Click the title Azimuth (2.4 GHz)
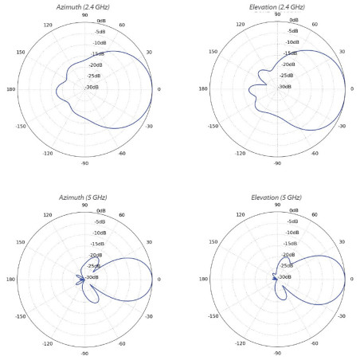pyautogui.click(x=83, y=7)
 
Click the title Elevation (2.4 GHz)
pyautogui.click(x=277, y=7)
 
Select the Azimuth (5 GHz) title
pyautogui.click(x=83, y=198)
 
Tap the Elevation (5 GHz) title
pyautogui.click(x=276, y=198)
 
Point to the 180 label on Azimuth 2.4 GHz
pyautogui.click(x=11, y=89)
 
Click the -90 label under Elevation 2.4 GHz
pyautogui.click(x=277, y=163)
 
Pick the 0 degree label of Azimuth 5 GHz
pyautogui.click(x=159, y=280)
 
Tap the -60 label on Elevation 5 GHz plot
pyautogui.click(x=315, y=343)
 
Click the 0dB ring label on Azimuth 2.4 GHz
pyautogui.click(x=101, y=21)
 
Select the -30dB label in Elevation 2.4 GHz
pyautogui.click(x=284, y=87)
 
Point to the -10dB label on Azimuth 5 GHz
pyautogui.click(x=100, y=233)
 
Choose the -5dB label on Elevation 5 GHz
pyautogui.click(x=292, y=221)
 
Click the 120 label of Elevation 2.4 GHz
pyautogui.click(x=241, y=24)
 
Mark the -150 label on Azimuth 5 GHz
pyautogui.click(x=21, y=316)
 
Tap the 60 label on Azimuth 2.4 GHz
pyautogui.click(x=122, y=25)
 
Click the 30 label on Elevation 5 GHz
pyautogui.click(x=342, y=242)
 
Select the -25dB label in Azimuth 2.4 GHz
pyautogui.click(x=94, y=76)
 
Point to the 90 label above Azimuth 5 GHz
pyautogui.click(x=84, y=205)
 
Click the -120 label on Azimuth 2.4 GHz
pyautogui.click(x=48, y=154)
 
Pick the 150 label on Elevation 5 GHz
pyautogui.click(x=213, y=242)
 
